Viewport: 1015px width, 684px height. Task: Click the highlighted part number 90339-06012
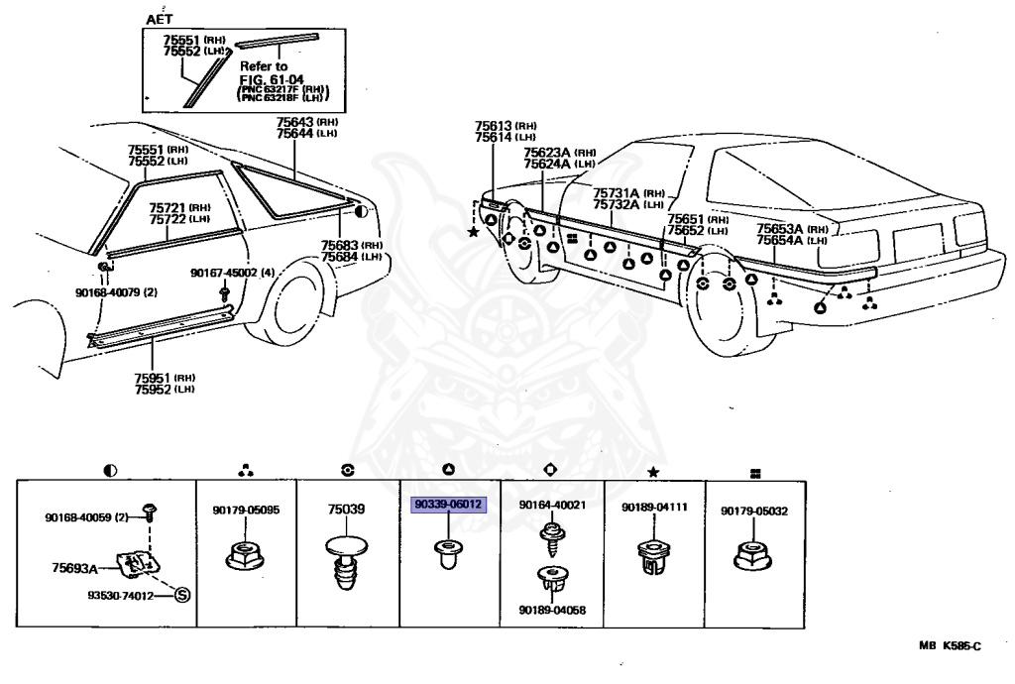coord(449,504)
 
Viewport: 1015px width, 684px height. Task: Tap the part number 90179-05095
coord(246,510)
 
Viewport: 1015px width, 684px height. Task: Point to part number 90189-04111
coord(654,508)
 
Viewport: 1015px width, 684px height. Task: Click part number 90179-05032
coord(753,509)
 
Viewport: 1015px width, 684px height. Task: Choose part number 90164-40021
coord(552,505)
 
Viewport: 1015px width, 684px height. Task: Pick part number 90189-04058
coord(552,610)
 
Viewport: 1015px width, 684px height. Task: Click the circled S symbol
coord(181,595)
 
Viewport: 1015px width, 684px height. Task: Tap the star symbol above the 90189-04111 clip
coord(652,469)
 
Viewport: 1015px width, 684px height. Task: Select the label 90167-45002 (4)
coord(224,273)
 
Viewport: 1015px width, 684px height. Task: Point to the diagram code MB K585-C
coord(950,646)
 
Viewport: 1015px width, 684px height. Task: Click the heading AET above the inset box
coord(158,19)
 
